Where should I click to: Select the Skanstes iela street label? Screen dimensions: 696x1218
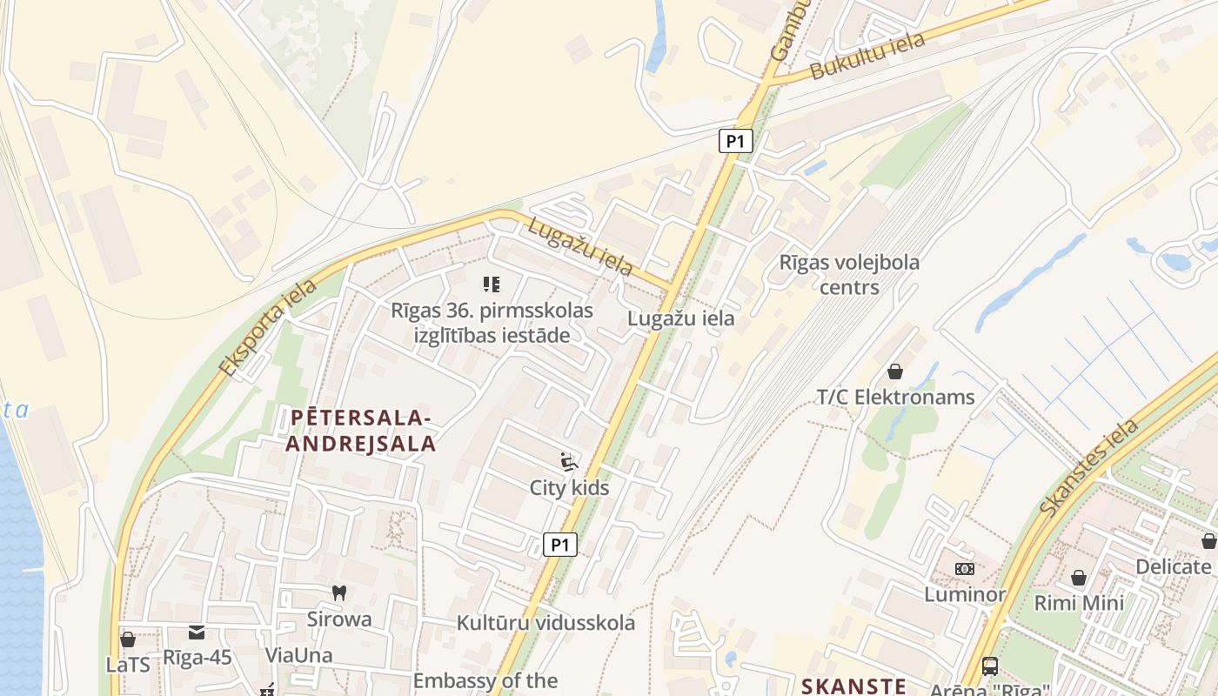[x=1089, y=466]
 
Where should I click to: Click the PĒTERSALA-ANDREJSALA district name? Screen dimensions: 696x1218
[x=361, y=431]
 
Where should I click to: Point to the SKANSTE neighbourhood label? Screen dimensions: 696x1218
[x=853, y=686]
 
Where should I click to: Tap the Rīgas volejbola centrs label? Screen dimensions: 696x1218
[x=849, y=274]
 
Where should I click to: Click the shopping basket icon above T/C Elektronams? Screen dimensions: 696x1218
[x=895, y=371]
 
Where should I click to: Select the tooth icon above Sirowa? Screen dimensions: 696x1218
[x=339, y=593]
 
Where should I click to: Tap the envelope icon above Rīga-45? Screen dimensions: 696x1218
[x=197, y=632]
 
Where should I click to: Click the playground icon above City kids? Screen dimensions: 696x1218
[x=569, y=462]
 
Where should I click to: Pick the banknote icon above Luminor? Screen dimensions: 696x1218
[x=965, y=569]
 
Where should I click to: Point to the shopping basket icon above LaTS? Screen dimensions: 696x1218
[x=128, y=639]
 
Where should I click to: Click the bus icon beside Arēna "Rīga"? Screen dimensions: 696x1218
[x=990, y=666]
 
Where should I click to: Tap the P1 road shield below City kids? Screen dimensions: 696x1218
[x=560, y=545]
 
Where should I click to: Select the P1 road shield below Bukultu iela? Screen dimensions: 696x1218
[x=735, y=141]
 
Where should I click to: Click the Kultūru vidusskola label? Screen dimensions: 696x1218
[x=545, y=623]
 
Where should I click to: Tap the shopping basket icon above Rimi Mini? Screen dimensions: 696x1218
[x=1079, y=578]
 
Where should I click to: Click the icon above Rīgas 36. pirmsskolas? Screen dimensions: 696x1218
[x=492, y=284]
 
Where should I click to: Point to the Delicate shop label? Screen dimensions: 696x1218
[x=1173, y=567]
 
